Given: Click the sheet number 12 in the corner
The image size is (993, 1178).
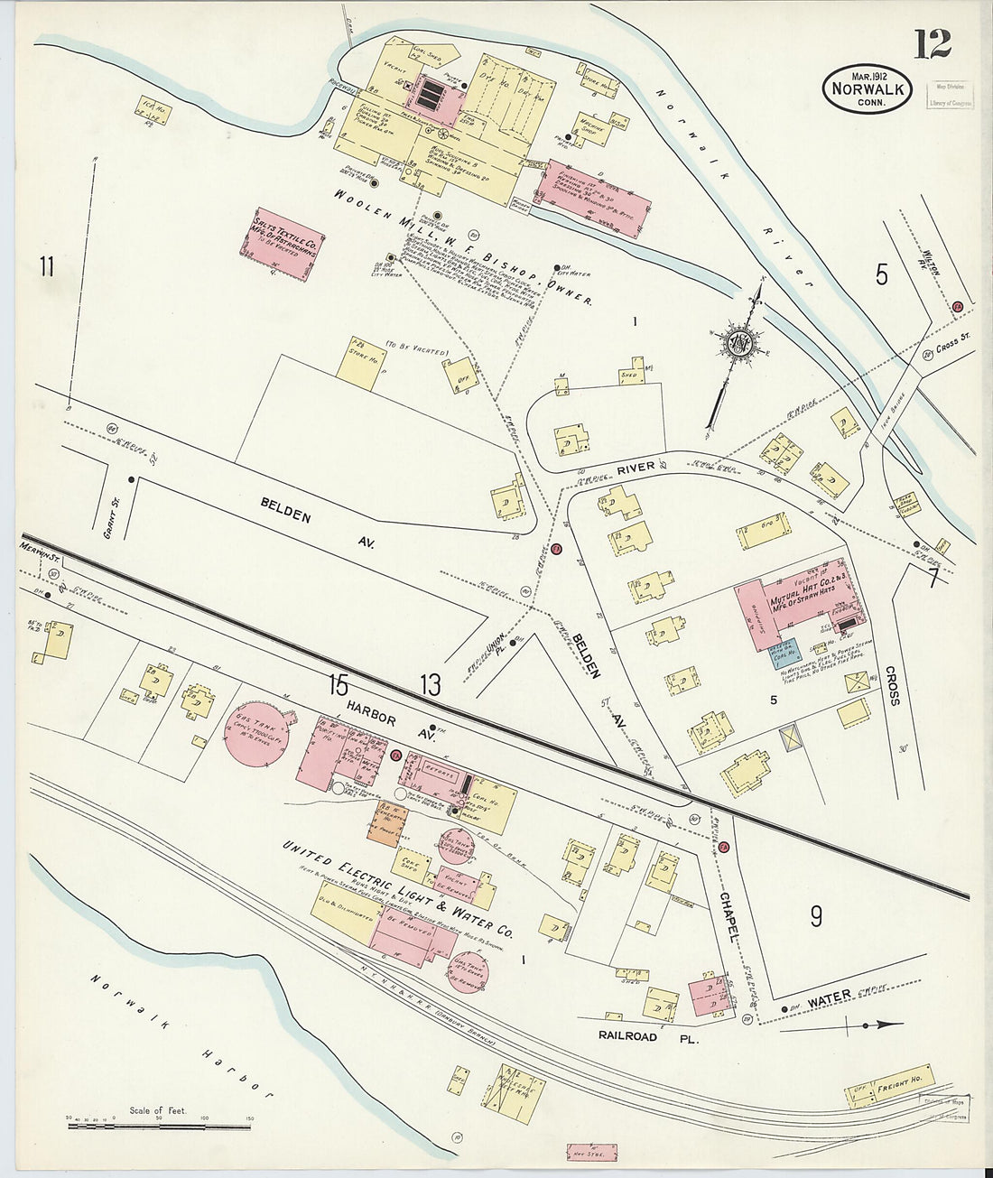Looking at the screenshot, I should (x=932, y=42).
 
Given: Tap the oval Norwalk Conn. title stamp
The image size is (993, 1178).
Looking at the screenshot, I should (x=867, y=88).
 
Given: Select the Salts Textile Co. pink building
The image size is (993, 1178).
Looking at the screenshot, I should (x=283, y=243).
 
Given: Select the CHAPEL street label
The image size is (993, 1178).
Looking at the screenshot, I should (x=729, y=915).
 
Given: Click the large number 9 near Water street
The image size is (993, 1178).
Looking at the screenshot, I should (x=815, y=916).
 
